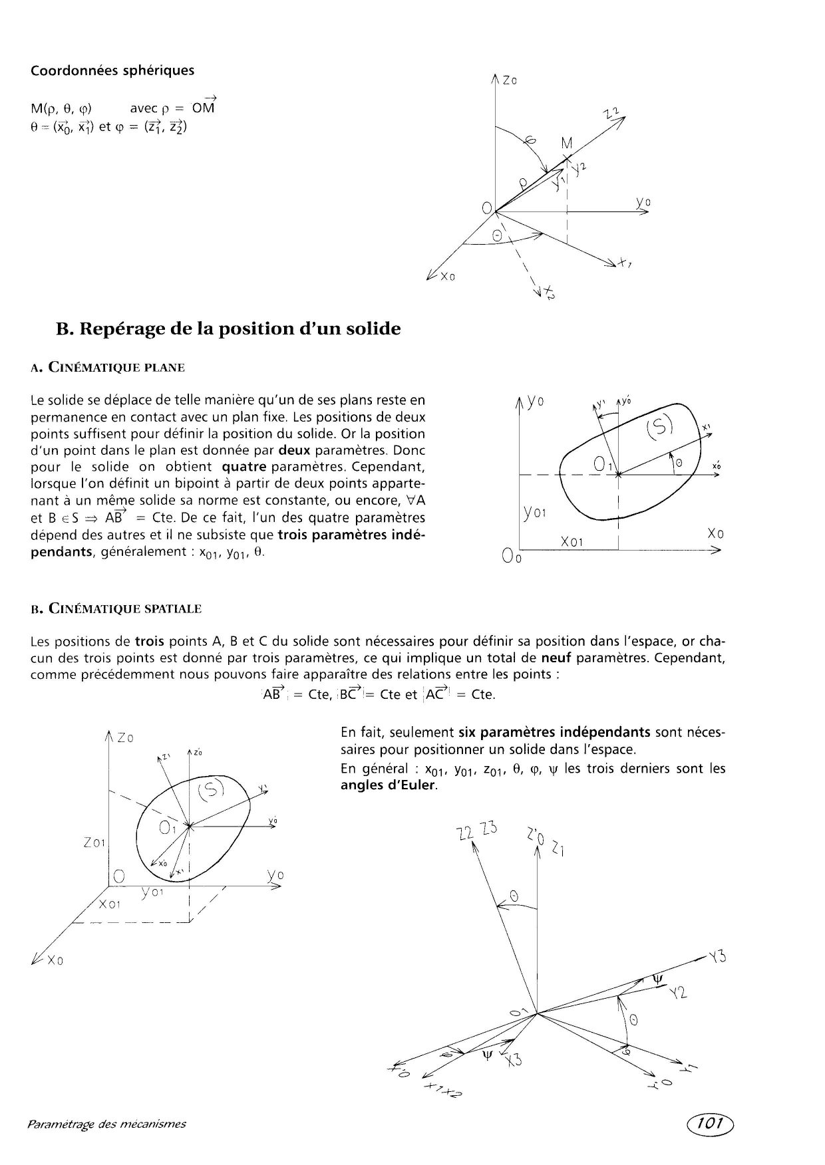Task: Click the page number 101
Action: (711, 1123)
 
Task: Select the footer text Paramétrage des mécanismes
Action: (106, 1124)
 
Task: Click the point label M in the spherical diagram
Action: (567, 143)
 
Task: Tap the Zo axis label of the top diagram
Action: (510, 80)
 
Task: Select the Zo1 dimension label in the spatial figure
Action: (95, 842)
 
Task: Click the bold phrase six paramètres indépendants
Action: (554, 733)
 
